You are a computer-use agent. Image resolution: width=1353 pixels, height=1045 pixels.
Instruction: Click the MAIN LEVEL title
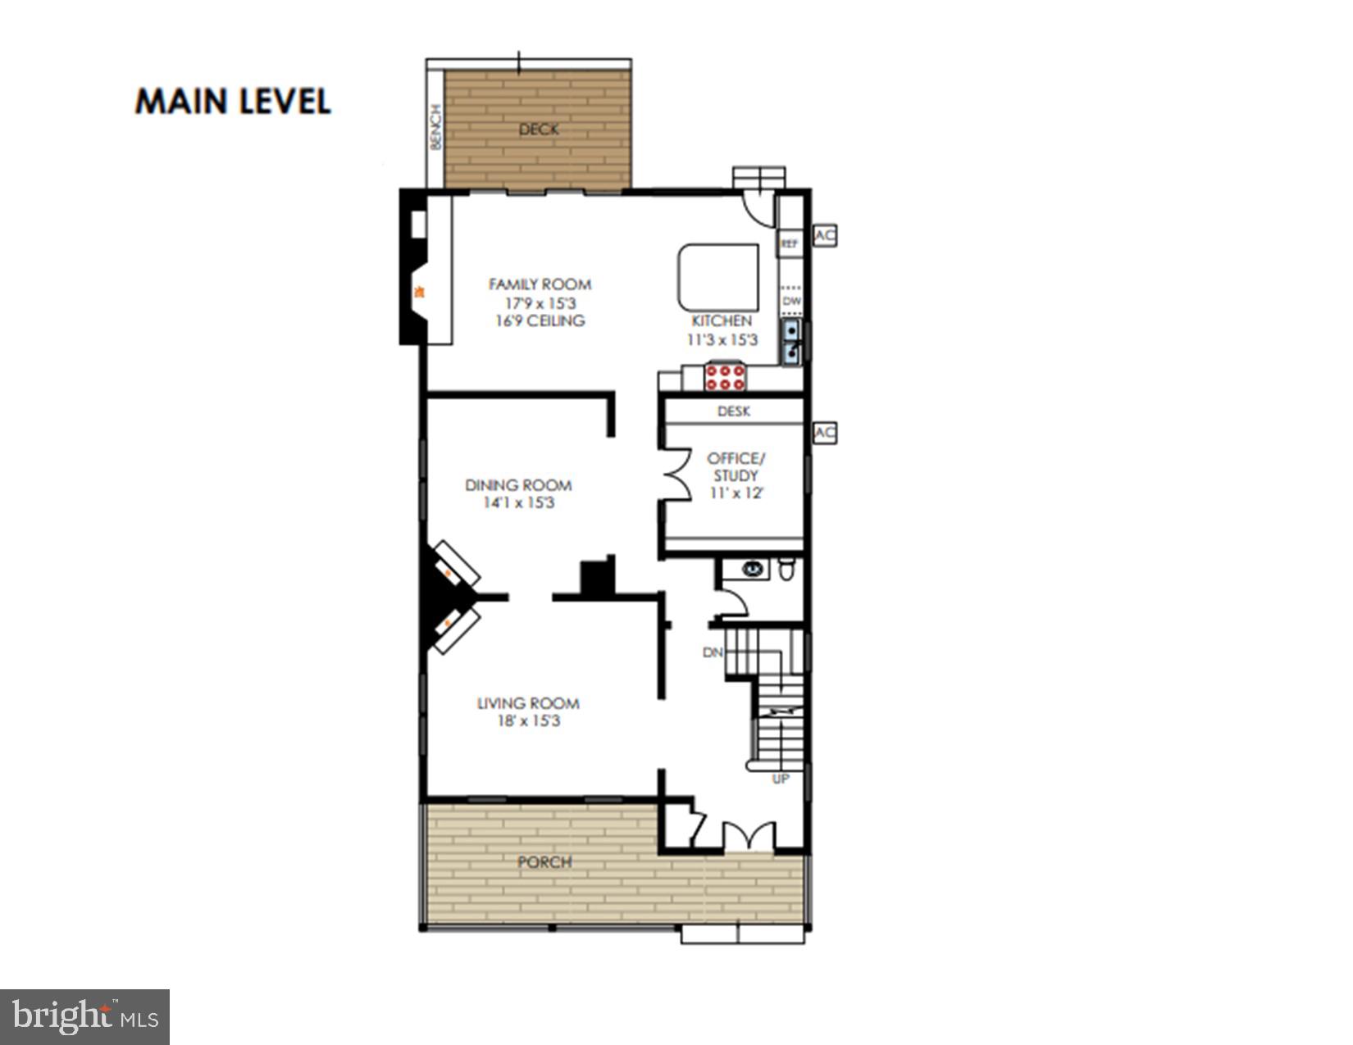(233, 101)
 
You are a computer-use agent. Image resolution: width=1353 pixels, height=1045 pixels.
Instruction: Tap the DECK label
(539, 129)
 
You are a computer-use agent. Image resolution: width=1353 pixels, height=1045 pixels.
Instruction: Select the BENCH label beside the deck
(436, 128)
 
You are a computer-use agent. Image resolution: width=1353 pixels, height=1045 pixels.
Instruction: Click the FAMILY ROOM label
(540, 284)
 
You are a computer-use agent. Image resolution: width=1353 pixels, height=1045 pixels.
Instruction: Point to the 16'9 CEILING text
(540, 320)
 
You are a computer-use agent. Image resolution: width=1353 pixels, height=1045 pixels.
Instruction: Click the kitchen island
(718, 277)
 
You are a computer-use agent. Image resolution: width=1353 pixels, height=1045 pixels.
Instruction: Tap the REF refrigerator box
(789, 243)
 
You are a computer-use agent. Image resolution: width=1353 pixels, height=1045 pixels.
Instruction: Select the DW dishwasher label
(791, 302)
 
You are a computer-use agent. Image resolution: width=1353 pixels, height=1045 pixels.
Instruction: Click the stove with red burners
(725, 378)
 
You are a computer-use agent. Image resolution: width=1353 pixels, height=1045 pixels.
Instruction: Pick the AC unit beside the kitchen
(824, 236)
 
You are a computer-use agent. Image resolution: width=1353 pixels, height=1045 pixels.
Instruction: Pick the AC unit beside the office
(824, 433)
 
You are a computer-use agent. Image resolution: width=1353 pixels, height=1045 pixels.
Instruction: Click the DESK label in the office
(733, 411)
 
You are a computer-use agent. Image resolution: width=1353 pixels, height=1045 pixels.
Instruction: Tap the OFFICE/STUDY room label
(736, 466)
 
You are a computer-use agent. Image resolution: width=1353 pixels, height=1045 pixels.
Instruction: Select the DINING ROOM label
(518, 484)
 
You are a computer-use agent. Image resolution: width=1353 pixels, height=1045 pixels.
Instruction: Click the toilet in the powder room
(786, 569)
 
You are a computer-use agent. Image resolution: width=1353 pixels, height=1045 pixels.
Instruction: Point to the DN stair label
(713, 652)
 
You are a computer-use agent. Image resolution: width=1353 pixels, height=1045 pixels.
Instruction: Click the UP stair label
(780, 779)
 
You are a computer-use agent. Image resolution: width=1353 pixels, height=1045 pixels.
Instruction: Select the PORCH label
(544, 862)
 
